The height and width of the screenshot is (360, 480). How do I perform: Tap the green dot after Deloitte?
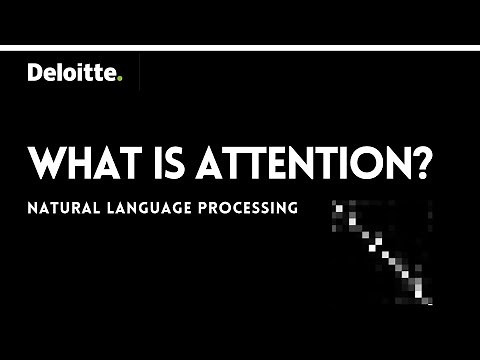click(120, 79)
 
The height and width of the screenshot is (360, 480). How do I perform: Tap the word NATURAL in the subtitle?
click(64, 211)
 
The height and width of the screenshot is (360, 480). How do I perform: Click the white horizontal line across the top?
click(240, 47)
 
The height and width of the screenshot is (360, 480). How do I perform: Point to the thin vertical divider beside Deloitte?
click(140, 73)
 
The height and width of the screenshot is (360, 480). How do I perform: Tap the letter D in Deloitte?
click(35, 72)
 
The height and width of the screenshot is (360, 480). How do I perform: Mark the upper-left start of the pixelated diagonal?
click(339, 206)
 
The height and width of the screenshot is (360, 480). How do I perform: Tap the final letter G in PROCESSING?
click(294, 211)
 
